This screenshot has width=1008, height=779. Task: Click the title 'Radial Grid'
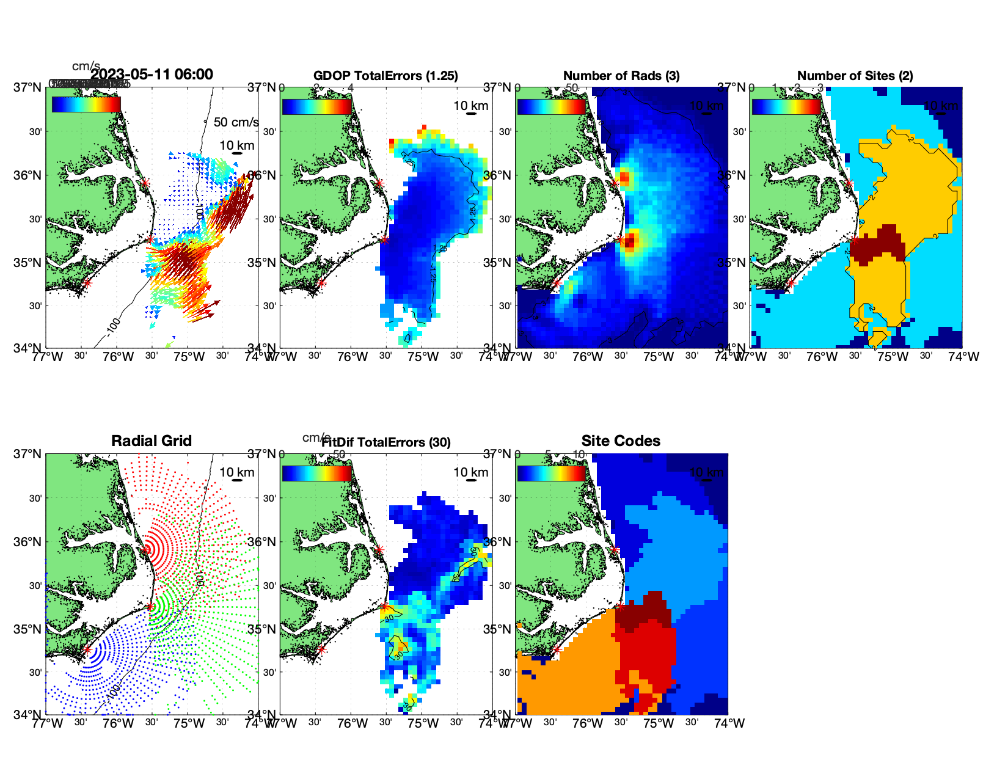pyautogui.click(x=152, y=441)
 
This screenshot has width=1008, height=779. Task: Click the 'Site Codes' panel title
pyautogui.click(x=621, y=441)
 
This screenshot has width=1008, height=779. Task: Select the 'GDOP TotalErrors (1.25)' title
pyautogui.click(x=385, y=76)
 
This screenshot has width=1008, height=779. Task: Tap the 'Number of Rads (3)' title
pyautogui.click(x=621, y=76)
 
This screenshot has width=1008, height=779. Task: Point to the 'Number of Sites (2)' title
pyautogui.click(x=855, y=76)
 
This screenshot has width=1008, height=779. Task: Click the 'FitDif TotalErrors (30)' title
pyautogui.click(x=386, y=442)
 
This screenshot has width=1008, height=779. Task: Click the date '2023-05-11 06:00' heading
pyautogui.click(x=152, y=75)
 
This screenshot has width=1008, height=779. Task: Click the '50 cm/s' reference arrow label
pyautogui.click(x=236, y=122)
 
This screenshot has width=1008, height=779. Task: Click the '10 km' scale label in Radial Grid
pyautogui.click(x=237, y=472)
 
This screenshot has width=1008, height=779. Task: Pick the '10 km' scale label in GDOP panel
pyautogui.click(x=471, y=106)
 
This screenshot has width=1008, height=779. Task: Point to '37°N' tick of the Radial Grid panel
pyautogui.click(x=28, y=454)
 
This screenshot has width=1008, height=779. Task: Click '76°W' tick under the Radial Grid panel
pyautogui.click(x=118, y=723)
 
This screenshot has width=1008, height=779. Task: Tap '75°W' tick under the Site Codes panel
pyautogui.click(x=659, y=723)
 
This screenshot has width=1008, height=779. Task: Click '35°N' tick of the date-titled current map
pyautogui.click(x=28, y=263)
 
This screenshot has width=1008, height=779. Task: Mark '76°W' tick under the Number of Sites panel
pyautogui.click(x=822, y=357)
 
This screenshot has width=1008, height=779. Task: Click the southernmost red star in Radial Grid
pyautogui.click(x=87, y=650)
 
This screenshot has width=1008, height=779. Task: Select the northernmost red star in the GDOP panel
pyautogui.click(x=379, y=183)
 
